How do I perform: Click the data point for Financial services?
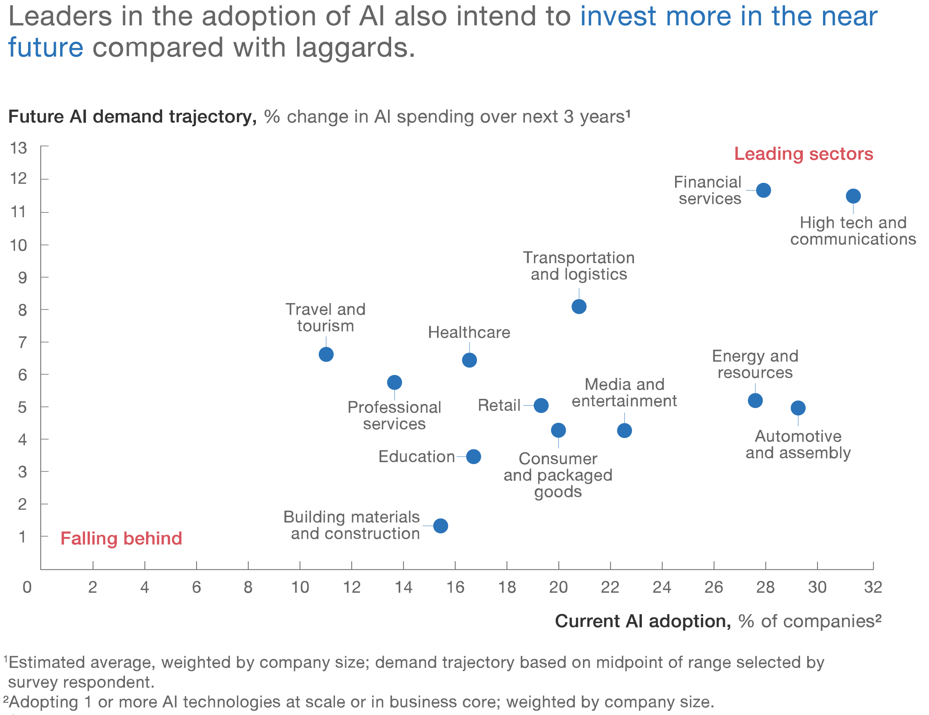(x=764, y=190)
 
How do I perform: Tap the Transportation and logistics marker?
(x=579, y=306)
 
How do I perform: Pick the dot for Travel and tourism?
(x=326, y=354)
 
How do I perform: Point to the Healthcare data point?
(x=469, y=360)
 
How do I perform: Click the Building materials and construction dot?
(x=441, y=525)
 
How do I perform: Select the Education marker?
(x=474, y=457)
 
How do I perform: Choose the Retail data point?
(x=541, y=405)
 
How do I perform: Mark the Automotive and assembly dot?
(x=798, y=408)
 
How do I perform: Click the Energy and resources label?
(x=755, y=364)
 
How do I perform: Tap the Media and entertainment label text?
(x=624, y=393)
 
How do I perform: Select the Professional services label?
(x=394, y=415)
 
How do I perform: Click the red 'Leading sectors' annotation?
(x=804, y=154)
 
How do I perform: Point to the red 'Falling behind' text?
(x=121, y=539)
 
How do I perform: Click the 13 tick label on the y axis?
(x=18, y=148)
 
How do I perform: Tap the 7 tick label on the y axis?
(x=22, y=342)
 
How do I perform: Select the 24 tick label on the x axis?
(x=662, y=587)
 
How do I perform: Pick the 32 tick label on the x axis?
(x=873, y=587)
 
